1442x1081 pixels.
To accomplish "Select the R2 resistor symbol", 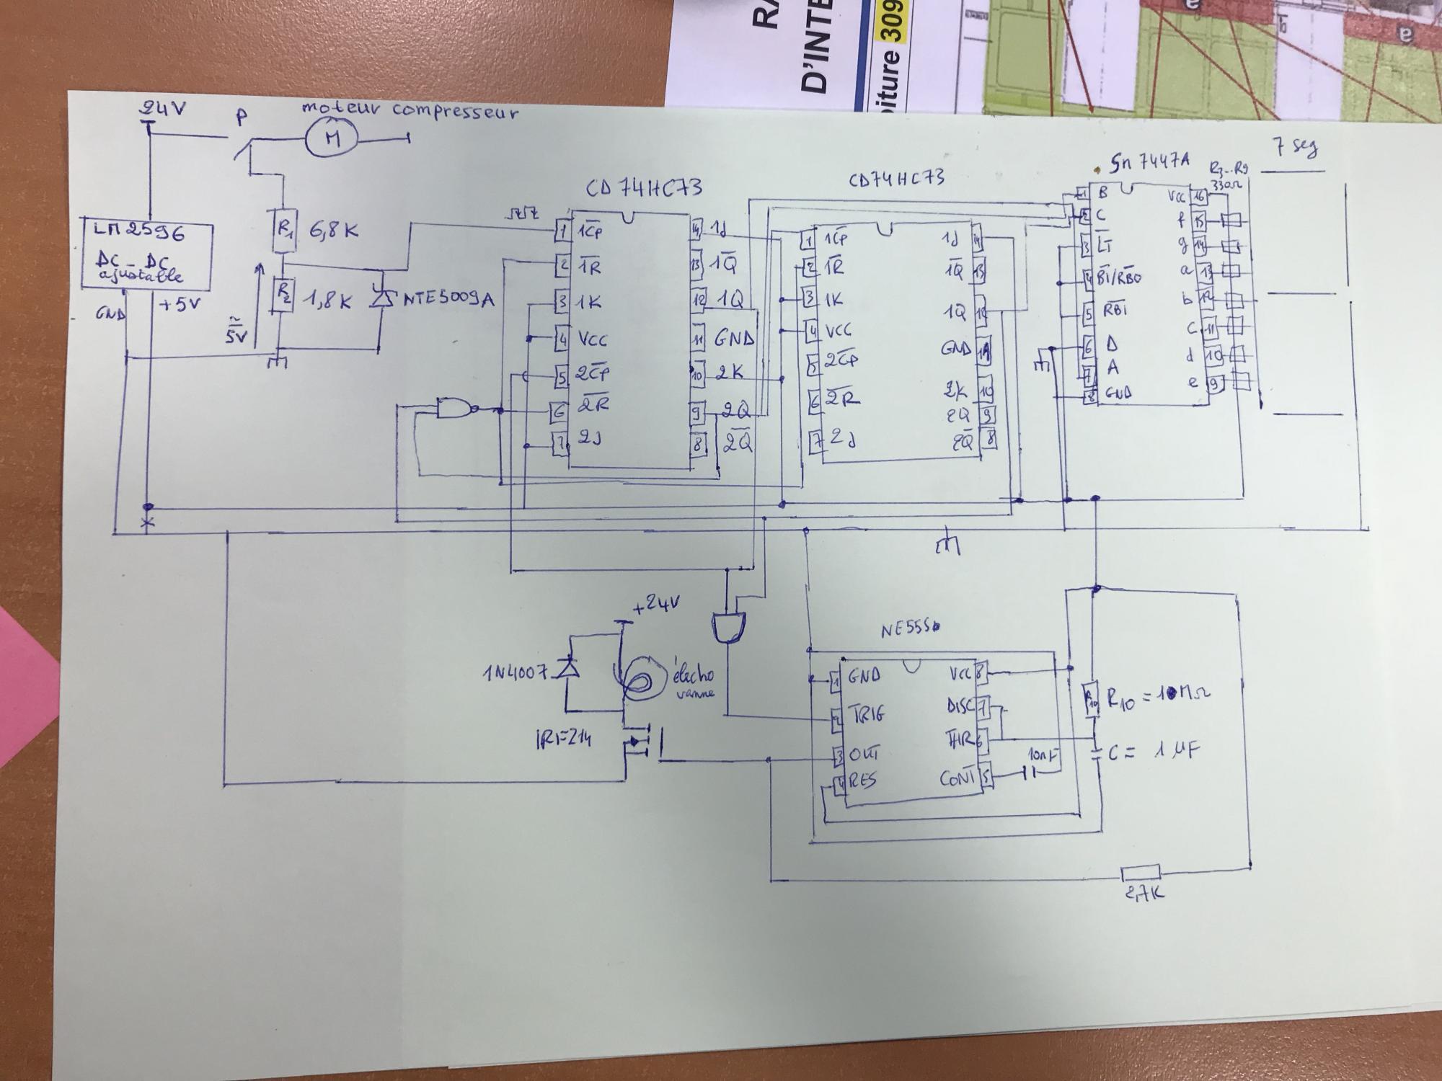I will point(283,295).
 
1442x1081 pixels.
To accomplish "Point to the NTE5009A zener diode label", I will point(447,298).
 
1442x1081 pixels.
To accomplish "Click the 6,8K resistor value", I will point(333,232).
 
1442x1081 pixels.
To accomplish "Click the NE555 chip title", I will point(910,631).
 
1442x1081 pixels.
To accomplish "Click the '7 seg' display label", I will point(1296,150).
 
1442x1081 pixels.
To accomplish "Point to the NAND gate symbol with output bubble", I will point(456,409).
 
